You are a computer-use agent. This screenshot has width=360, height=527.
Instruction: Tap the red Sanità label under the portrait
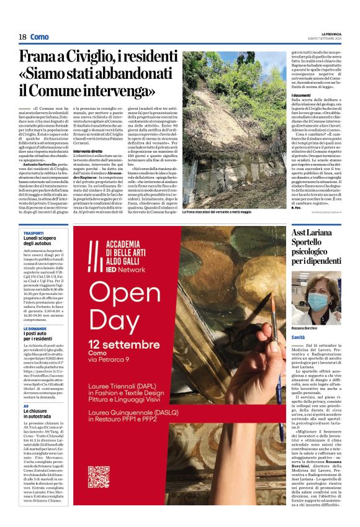click(299, 336)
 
